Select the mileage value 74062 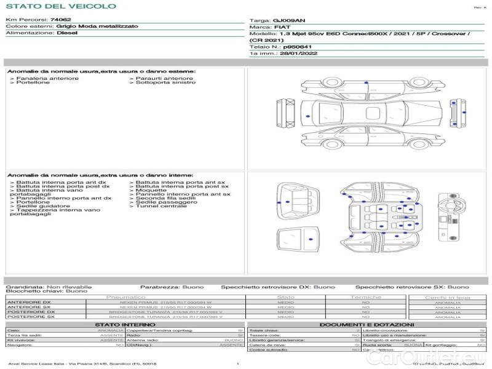tap(60, 20)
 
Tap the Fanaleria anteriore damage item tap(47, 78)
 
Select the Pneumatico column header tap(125, 297)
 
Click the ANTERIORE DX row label tap(28, 302)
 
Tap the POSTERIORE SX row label tap(28, 317)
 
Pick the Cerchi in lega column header tap(447, 297)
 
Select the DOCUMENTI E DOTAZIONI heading tap(367, 325)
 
